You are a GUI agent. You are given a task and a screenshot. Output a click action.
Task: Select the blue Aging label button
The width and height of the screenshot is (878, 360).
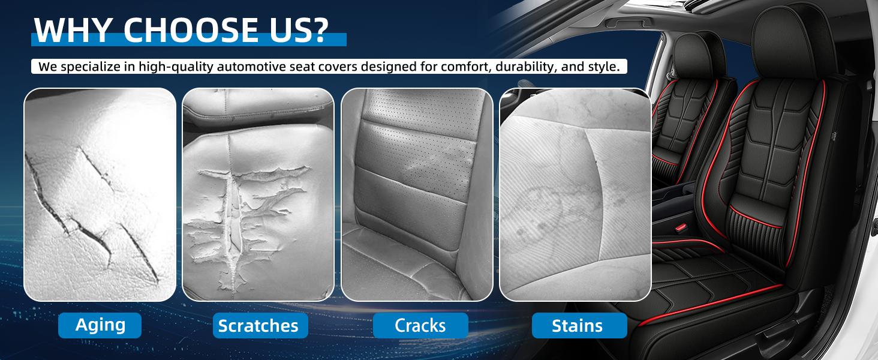coord(100,325)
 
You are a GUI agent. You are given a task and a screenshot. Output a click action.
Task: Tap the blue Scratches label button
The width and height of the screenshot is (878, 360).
coord(258,326)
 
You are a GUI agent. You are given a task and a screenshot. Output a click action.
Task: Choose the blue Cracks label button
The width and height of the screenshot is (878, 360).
coord(420,326)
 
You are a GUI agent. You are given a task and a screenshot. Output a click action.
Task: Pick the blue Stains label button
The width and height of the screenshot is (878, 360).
coord(577,326)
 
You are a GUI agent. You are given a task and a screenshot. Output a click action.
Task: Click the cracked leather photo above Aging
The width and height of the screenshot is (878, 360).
coord(100,194)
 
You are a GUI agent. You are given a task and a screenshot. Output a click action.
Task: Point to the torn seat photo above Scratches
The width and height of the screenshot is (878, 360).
coord(258,194)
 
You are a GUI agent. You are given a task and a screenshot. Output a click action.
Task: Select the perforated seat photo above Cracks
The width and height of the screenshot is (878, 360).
coord(417,194)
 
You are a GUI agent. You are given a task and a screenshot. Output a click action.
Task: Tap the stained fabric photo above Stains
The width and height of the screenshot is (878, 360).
coord(575,194)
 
